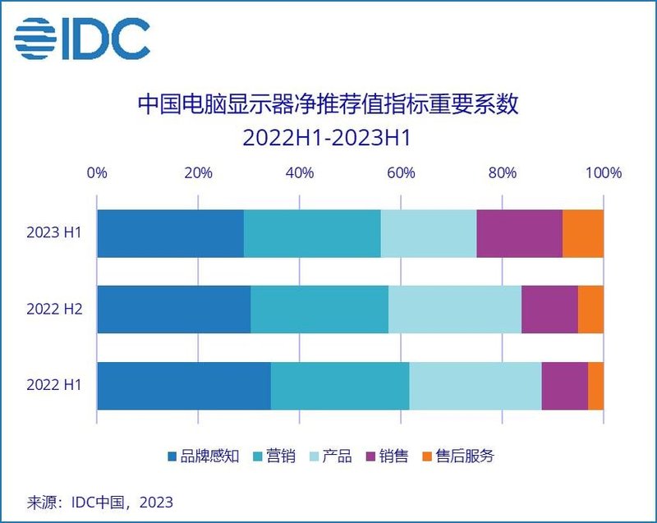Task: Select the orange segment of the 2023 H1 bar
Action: [583, 233]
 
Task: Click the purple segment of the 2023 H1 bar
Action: [519, 233]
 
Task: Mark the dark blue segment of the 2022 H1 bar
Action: [184, 385]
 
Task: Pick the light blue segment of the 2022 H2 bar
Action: [455, 310]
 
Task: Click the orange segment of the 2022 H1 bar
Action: [595, 385]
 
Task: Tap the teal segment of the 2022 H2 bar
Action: [319, 310]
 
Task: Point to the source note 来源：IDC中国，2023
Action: [101, 500]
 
